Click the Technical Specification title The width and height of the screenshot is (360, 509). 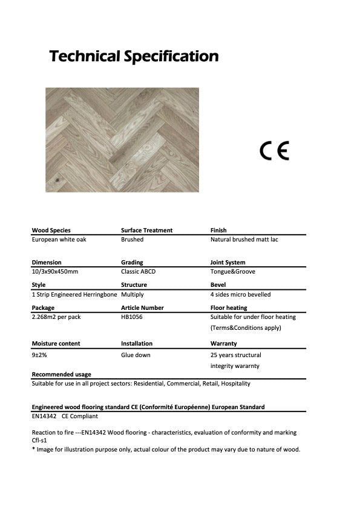pyautogui.click(x=134, y=57)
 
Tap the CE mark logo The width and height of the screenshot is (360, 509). pyautogui.click(x=274, y=149)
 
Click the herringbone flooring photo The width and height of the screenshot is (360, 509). pyautogui.click(x=122, y=140)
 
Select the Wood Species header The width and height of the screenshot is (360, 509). pyautogui.click(x=51, y=231)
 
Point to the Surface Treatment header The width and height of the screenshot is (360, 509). pyautogui.click(x=146, y=231)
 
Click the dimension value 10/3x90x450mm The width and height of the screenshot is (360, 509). pyautogui.click(x=55, y=272)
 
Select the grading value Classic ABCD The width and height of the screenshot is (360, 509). pyautogui.click(x=138, y=272)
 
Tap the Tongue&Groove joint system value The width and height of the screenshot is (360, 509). pyautogui.click(x=233, y=272)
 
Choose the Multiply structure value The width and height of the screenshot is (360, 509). pyautogui.click(x=133, y=295)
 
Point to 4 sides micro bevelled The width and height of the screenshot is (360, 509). pyautogui.click(x=240, y=295)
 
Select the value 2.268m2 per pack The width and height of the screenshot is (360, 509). pyautogui.click(x=56, y=317)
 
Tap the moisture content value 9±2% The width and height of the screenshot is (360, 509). pyautogui.click(x=39, y=355)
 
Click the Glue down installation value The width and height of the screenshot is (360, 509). pyautogui.click(x=136, y=355)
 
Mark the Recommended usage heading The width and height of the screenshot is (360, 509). pyautogui.click(x=61, y=375)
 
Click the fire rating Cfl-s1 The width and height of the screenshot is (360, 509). pyautogui.click(x=39, y=441)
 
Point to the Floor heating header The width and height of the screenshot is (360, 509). pyautogui.click(x=228, y=308)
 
